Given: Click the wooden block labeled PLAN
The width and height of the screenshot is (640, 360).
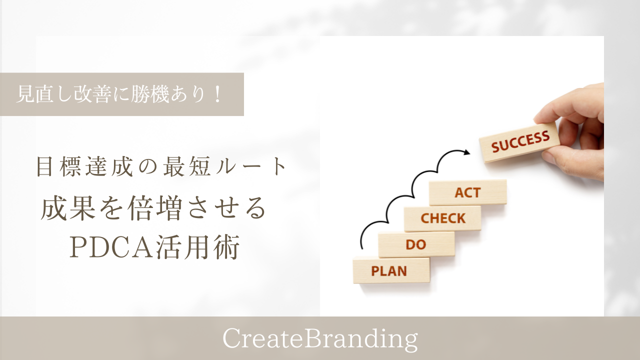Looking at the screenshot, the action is [391, 270].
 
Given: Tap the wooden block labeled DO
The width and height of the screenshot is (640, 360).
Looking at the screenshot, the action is [416, 244].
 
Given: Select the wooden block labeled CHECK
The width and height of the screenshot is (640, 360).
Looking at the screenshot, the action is [442, 218].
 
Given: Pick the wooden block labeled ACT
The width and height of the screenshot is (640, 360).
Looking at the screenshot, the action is [467, 192].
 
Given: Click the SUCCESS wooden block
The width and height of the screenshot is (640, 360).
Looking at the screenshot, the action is [519, 142].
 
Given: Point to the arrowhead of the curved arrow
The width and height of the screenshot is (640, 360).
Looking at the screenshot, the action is [466, 152].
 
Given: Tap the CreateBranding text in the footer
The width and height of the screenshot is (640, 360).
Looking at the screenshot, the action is [320, 339].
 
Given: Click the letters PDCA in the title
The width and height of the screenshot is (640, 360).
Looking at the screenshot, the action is [112, 247].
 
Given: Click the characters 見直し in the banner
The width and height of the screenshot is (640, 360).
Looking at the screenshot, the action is [43, 94].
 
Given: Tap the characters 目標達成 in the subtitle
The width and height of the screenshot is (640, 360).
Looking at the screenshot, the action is [85, 167].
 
